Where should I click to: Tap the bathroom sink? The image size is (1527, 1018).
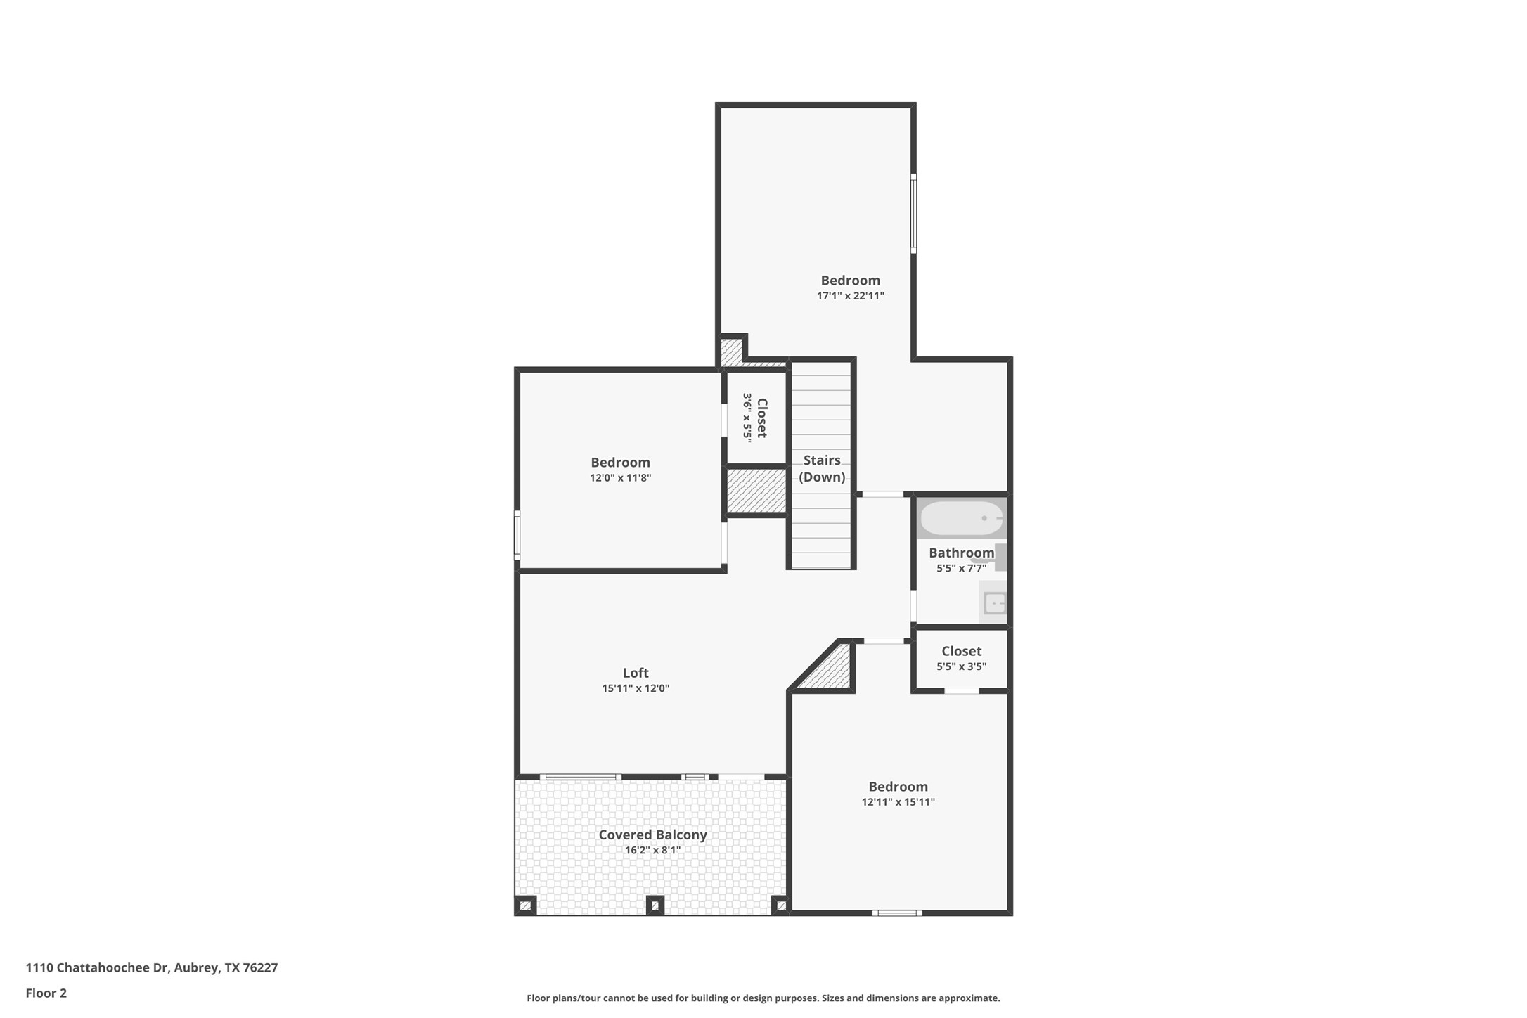[x=994, y=603]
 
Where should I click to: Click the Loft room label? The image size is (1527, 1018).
[x=635, y=673]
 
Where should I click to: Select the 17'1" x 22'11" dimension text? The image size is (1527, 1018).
[x=850, y=296]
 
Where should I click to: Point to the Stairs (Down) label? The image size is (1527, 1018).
[x=821, y=468]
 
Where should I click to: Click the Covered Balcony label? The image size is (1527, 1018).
[x=652, y=835]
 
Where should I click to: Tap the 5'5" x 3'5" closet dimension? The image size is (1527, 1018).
[x=961, y=666]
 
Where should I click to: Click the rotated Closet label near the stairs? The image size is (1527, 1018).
[x=761, y=418]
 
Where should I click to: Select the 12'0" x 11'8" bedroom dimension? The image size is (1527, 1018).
[x=620, y=478]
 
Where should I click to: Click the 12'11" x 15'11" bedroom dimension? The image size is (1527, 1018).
[x=898, y=802]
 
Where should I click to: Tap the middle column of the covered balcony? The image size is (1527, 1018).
[x=655, y=905]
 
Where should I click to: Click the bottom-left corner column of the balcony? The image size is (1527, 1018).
[x=525, y=906]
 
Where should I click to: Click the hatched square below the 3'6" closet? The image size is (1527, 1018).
[x=755, y=491]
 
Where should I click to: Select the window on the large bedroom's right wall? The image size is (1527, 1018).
[x=913, y=213]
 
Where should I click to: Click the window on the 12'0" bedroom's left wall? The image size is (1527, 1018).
[x=517, y=535]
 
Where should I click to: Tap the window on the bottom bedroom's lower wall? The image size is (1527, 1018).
[x=897, y=913]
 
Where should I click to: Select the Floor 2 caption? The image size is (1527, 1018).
[x=46, y=993]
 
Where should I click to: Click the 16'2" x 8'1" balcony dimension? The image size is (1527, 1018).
[x=652, y=851]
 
